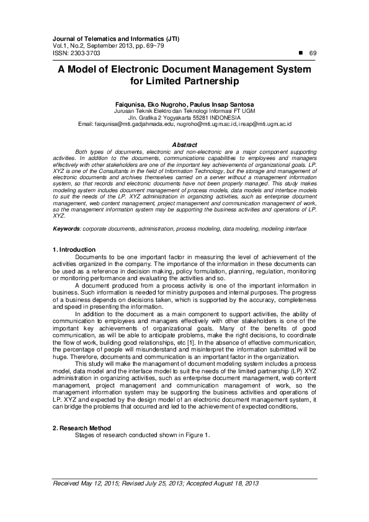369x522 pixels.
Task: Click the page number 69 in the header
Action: click(x=313, y=54)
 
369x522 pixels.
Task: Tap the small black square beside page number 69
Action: click(x=301, y=53)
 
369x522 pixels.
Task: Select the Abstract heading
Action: click(x=184, y=144)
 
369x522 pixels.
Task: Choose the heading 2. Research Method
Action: click(x=82, y=428)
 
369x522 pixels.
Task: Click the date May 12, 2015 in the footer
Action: click(x=102, y=483)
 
